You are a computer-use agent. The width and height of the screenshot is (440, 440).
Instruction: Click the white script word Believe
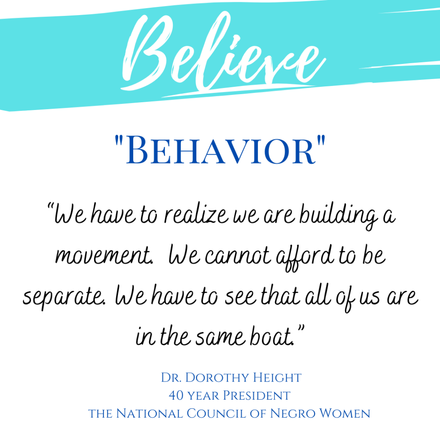pos(223,52)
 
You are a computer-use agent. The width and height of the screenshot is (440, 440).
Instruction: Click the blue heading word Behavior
pos(220,150)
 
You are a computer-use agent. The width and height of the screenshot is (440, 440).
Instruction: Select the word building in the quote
pos(339,216)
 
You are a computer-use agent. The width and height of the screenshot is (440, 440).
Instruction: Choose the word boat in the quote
pos(271,336)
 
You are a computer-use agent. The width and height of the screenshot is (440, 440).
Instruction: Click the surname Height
pos(277,377)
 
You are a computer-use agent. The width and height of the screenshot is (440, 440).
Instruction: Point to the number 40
pos(176,395)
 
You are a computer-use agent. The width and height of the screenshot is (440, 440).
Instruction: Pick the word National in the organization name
pos(149,413)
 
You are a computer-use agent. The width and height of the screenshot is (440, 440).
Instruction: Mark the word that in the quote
pos(280,296)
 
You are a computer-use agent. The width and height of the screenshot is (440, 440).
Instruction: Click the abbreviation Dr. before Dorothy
pos(171,377)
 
